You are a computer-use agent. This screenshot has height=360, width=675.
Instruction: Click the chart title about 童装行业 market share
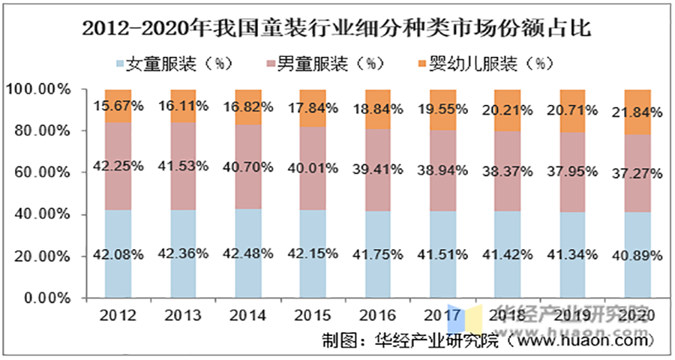click(x=337, y=29)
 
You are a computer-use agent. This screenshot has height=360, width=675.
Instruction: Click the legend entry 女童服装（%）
click(x=177, y=64)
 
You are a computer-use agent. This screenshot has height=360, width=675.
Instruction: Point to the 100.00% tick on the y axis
click(x=38, y=89)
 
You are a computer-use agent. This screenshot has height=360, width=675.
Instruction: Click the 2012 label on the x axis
click(x=118, y=315)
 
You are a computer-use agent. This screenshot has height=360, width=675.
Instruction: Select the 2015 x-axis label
click(x=313, y=315)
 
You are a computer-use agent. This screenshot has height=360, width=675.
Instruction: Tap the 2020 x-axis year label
click(x=637, y=315)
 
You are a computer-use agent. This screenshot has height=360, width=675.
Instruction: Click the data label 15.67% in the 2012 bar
click(x=118, y=106)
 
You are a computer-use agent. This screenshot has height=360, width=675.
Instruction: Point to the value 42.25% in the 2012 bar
click(x=118, y=166)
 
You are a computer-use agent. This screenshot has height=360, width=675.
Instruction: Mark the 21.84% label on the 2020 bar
click(x=637, y=113)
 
